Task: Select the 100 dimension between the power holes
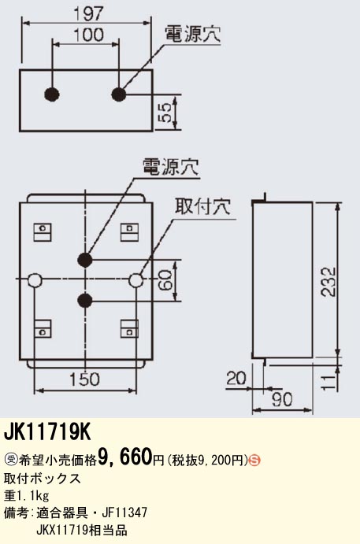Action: click(88, 35)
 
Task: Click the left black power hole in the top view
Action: click(52, 94)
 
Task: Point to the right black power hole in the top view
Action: click(119, 94)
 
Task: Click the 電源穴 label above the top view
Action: click(192, 35)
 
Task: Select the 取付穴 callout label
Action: click(202, 207)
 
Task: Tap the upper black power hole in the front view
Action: click(85, 260)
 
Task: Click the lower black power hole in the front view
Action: click(85, 301)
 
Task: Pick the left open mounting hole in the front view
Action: click(35, 280)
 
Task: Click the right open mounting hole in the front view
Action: click(135, 280)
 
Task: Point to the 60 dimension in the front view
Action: click(166, 280)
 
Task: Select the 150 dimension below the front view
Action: click(84, 379)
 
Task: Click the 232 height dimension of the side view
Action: click(328, 281)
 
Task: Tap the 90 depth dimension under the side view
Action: click(282, 400)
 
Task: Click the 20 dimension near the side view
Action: click(236, 378)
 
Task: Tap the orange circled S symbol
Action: click(254, 461)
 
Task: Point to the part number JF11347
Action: click(124, 512)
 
